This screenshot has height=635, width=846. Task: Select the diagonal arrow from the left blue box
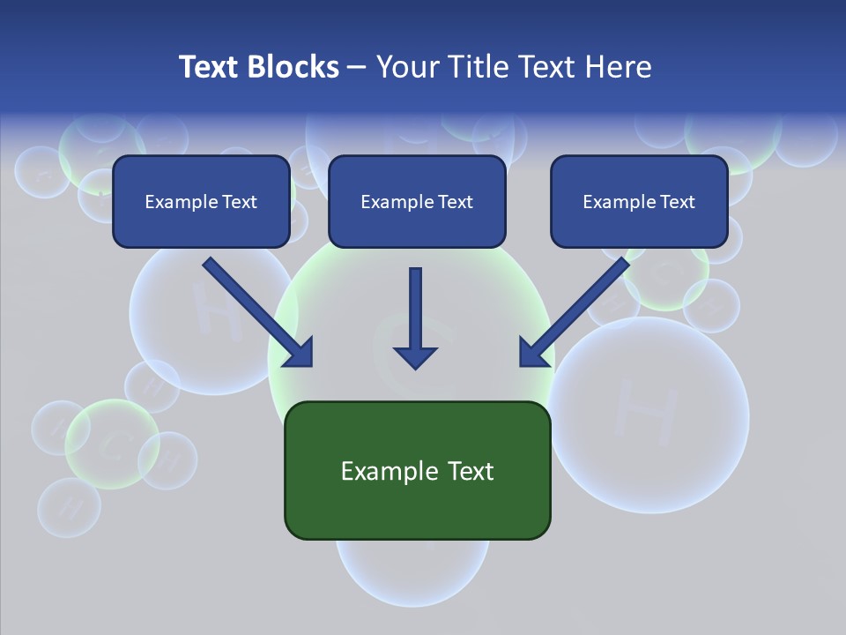(x=256, y=310)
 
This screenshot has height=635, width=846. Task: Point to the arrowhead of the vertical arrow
(x=415, y=356)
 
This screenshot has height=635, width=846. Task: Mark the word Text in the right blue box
(x=677, y=202)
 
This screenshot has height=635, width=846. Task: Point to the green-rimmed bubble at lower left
(x=112, y=444)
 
